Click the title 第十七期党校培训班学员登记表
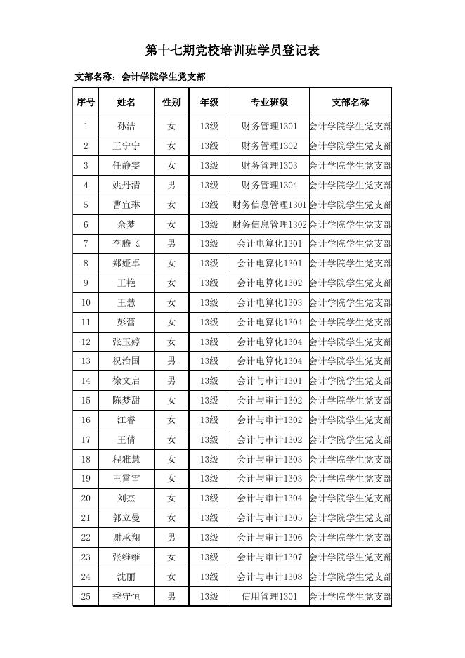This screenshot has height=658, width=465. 232,50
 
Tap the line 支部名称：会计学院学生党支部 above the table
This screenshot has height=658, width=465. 140,77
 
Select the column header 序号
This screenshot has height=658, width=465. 86,102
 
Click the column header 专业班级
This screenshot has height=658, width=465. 269,102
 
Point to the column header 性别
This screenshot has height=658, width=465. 171,102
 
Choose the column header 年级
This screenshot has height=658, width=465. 209,102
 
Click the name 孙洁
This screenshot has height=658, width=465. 126,127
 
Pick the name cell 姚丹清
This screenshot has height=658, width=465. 126,186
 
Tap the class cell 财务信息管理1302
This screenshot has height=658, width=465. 269,224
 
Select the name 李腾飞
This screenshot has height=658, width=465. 126,244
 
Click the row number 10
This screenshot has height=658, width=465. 86,302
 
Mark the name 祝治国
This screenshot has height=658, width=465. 126,361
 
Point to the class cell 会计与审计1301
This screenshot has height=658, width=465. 269,381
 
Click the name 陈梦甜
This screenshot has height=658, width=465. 126,401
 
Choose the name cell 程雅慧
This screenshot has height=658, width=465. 126,459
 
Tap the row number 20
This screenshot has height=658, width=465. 86,498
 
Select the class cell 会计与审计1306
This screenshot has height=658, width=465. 269,538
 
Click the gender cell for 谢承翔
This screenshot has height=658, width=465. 171,538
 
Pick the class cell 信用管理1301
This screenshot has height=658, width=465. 269,596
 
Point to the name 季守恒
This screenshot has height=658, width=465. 126,596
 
